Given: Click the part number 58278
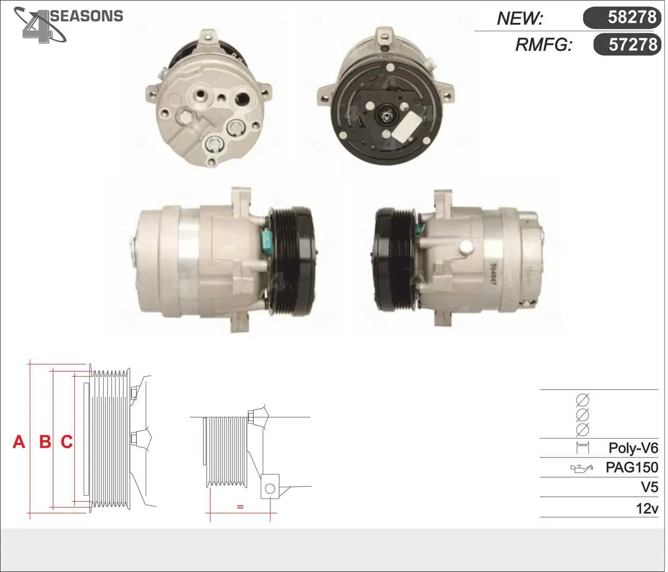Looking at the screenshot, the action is coord(632,17).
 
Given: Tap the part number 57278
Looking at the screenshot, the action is coord(633,44).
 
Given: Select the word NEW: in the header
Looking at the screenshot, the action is coord(520,19).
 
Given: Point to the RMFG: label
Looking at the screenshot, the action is coord(544,44).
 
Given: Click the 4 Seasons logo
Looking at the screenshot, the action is coord(68,25).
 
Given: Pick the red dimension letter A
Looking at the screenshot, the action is coord(19,442).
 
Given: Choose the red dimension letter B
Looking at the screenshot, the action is coord(45,442).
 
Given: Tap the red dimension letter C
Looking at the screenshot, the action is coord(67,442).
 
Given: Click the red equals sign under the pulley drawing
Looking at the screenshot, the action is coord(240,506).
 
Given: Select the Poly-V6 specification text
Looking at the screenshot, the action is coord(633,448).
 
